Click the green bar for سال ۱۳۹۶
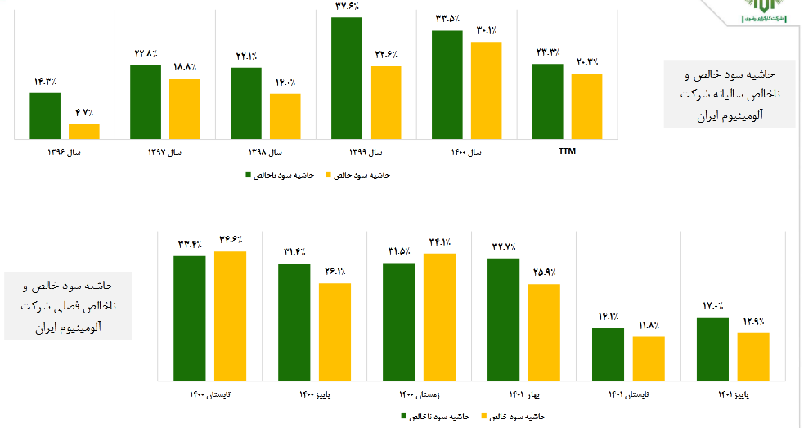coord(45,116)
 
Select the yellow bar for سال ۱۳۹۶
coord(83,131)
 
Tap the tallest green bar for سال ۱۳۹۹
coord(346,78)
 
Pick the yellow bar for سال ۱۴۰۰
coord(486,90)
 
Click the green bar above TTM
coord(548,101)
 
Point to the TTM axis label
coord(567,151)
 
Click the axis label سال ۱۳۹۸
coord(266,152)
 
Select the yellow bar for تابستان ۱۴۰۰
coord(230,316)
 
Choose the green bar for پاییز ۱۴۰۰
coord(294,322)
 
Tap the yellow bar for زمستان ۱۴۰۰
coord(439,317)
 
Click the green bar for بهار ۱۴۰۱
coord(503,319)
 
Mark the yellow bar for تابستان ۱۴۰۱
coord(649,358)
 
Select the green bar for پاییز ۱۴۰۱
coord(712,349)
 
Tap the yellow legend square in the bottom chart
coord(486,417)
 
